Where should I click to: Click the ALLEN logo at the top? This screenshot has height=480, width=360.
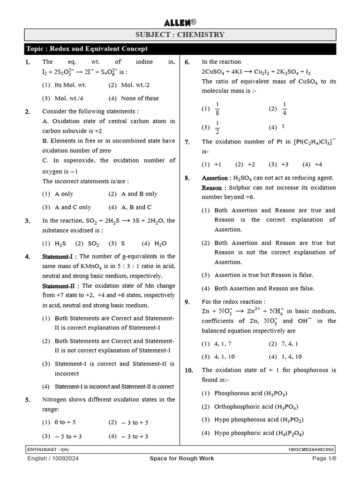(x=180, y=22)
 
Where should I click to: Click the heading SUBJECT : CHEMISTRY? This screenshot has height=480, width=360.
(x=180, y=35)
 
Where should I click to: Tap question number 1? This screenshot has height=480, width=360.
(x=28, y=62)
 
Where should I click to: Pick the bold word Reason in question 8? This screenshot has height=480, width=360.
(x=211, y=187)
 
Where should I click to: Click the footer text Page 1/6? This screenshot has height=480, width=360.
(x=324, y=458)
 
